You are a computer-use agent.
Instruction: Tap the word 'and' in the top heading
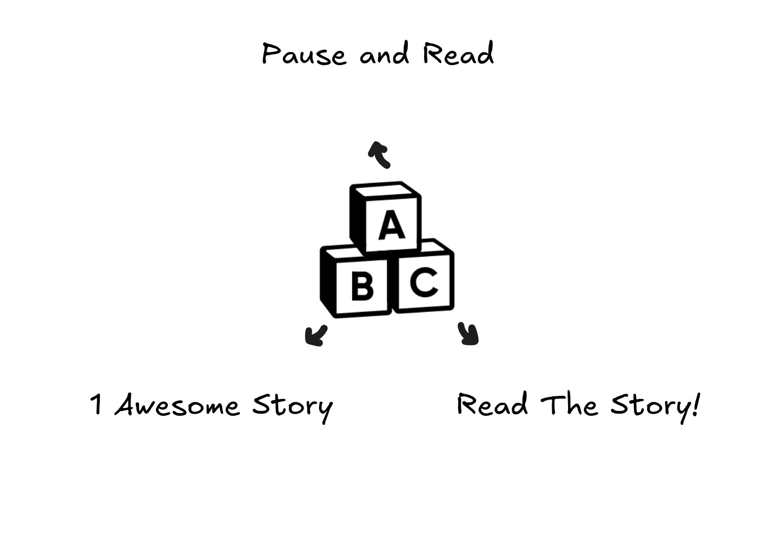pos(384,54)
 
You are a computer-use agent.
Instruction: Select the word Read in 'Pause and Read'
pos(458,54)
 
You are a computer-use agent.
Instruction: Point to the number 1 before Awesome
pos(96,405)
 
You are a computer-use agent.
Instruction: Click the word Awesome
pos(177,406)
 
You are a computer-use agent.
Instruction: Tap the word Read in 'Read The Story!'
pos(492,405)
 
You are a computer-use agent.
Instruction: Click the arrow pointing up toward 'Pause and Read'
pos(379,154)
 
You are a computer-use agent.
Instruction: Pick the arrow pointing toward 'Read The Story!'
pos(468,334)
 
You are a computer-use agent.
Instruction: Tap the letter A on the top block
pos(392,225)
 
